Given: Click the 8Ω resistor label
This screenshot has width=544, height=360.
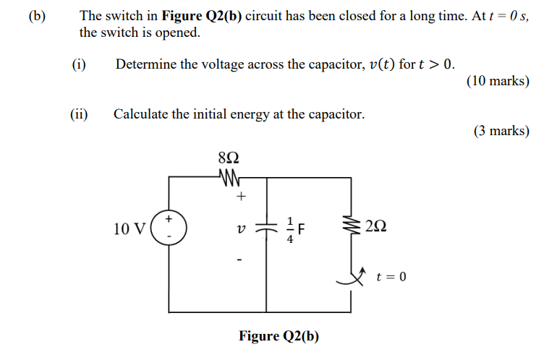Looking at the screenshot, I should pyautogui.click(x=228, y=158).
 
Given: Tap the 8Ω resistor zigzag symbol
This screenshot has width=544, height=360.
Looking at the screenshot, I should pyautogui.click(x=228, y=176).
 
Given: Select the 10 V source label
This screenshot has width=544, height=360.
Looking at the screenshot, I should pyautogui.click(x=130, y=229).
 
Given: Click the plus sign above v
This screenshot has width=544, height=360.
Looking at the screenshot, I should pyautogui.click(x=242, y=196).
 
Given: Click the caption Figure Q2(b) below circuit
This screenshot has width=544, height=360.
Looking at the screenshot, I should pyautogui.click(x=279, y=336).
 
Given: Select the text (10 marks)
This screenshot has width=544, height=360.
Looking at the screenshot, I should pyautogui.click(x=498, y=81).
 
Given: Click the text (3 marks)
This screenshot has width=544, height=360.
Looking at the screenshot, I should pyautogui.click(x=501, y=131).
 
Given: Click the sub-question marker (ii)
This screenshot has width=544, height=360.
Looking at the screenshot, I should pyautogui.click(x=79, y=114).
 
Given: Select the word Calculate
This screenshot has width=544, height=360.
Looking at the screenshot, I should pyautogui.click(x=140, y=114).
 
